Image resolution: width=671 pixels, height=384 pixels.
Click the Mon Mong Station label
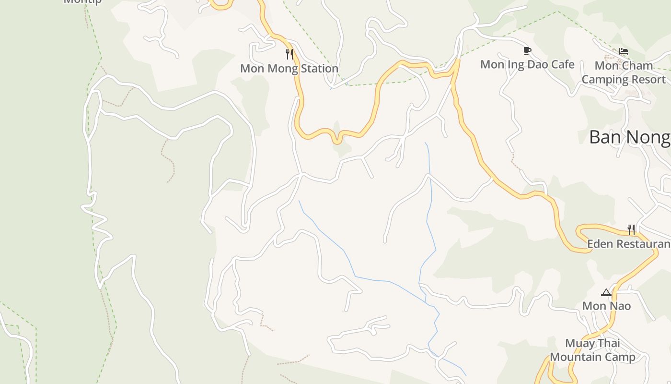coord(289,69)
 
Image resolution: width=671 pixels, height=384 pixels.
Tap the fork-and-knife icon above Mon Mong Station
coord(289,54)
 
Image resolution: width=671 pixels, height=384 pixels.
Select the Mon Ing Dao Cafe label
coord(527,64)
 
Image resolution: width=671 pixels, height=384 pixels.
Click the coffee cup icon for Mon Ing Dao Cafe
coord(527,51)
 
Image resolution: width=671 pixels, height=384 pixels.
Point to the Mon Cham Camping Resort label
coord(624,72)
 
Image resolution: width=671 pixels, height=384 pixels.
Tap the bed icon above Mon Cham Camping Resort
coord(624,51)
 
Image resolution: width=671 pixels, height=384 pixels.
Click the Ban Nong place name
coord(630,137)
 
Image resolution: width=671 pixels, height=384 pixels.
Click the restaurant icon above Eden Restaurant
coord(632,230)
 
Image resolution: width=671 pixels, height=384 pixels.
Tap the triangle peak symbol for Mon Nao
coord(606,292)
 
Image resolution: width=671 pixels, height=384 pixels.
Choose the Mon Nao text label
coord(606,306)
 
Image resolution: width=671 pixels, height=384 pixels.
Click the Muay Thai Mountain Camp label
coord(592,350)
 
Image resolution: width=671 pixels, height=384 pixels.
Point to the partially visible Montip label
coord(82,1)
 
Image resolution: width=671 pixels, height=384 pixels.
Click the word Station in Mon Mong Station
coord(315,69)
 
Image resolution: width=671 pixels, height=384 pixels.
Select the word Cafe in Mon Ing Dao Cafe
coord(562,64)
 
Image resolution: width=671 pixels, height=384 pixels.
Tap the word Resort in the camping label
coord(648,80)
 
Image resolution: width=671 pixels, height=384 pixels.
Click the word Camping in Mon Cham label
coord(604,80)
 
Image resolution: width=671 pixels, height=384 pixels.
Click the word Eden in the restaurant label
coord(600,244)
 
